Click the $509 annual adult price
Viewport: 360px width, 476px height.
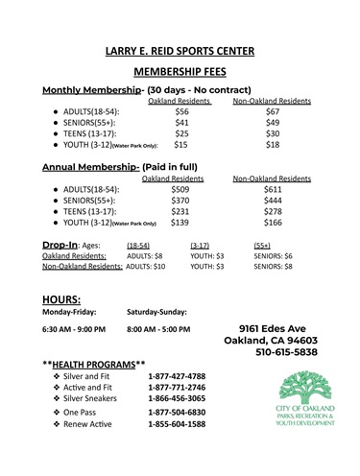coord(180,216)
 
